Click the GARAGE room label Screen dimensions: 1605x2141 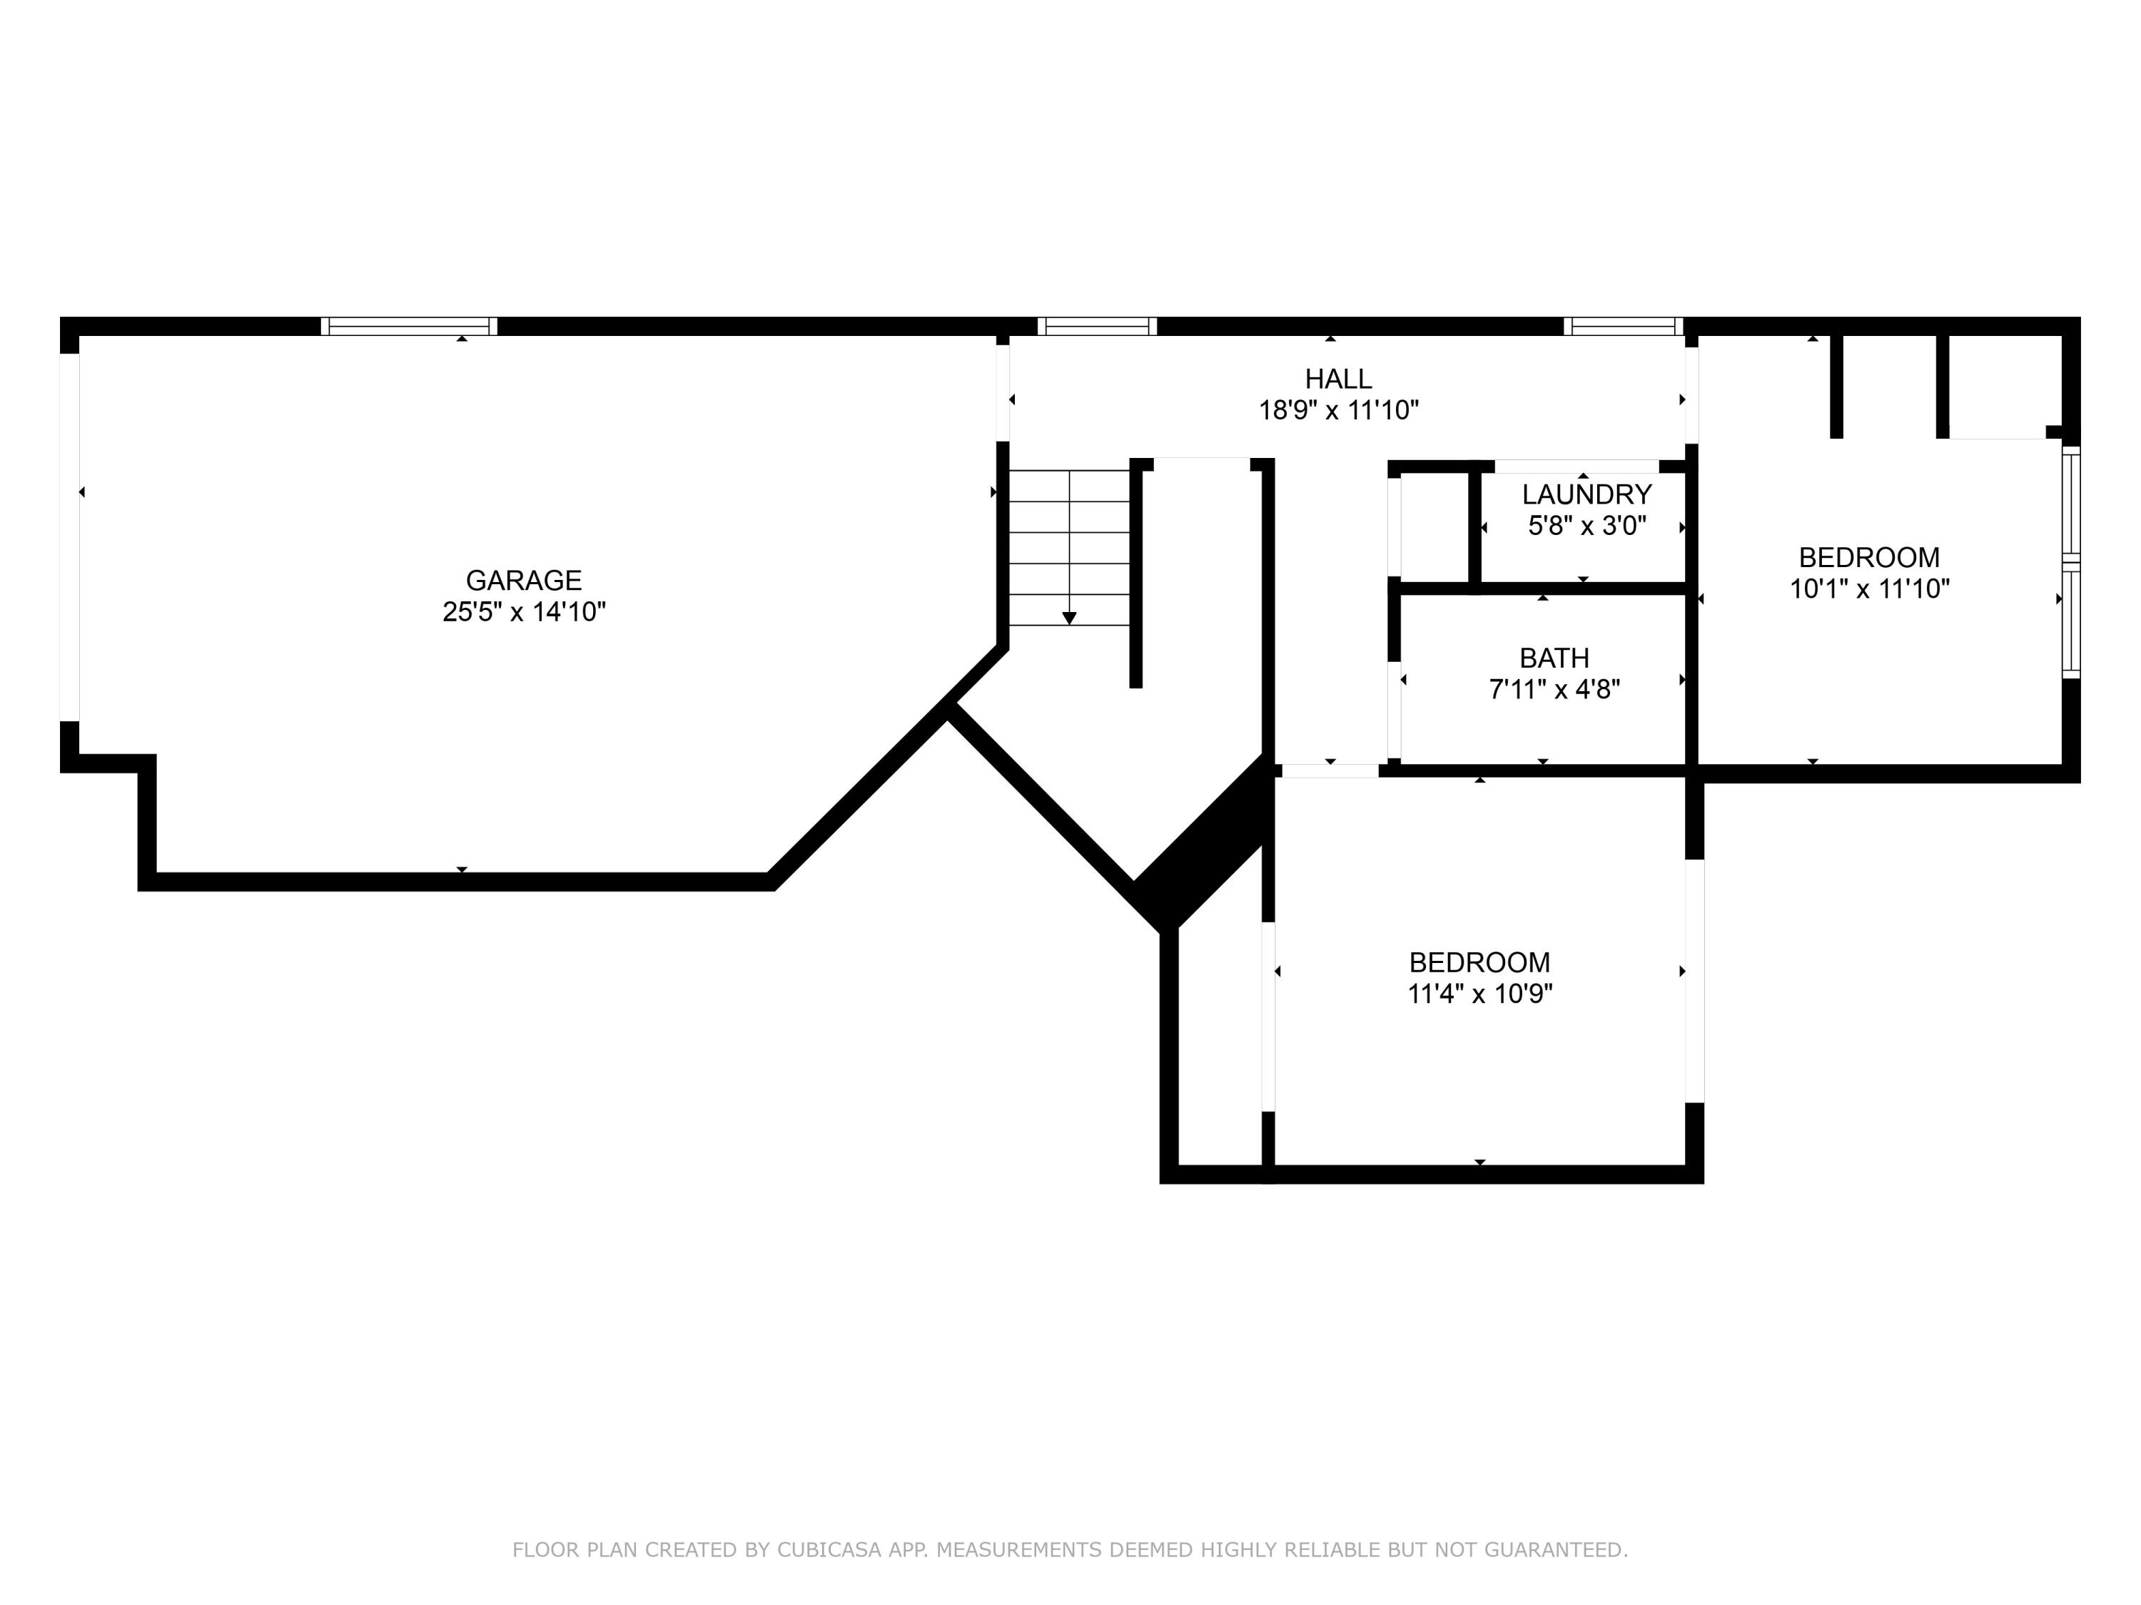click(524, 581)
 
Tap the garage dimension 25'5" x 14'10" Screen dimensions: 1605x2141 click(524, 612)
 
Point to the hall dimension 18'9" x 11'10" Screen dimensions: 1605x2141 click(1337, 411)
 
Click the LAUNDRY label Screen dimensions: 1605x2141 click(1586, 495)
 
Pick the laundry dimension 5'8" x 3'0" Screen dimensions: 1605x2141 click(1586, 526)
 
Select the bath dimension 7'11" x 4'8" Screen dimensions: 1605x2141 click(1554, 690)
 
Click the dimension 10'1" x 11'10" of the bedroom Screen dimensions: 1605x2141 click(1869, 589)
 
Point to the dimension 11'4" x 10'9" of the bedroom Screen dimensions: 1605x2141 click(1479, 994)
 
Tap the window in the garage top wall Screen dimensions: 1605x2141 click(408, 327)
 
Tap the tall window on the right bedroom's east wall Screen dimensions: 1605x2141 click(2070, 561)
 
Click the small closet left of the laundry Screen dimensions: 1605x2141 click(1434, 527)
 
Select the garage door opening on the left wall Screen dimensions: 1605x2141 click(70, 537)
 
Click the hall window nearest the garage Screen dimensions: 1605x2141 click(1097, 327)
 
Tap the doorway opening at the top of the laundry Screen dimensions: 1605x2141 click(1576, 467)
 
